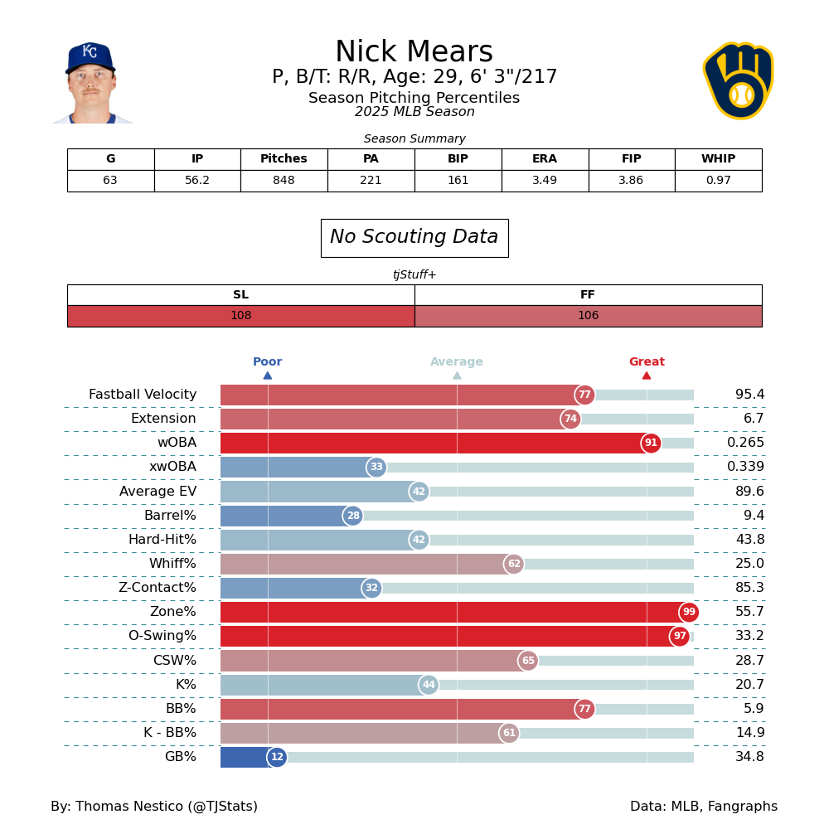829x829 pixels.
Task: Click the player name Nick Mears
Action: [414, 53]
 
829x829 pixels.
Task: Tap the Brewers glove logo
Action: [738, 81]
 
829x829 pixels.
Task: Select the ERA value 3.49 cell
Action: [545, 181]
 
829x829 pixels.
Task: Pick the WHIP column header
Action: [718, 159]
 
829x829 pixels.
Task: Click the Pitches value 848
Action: [284, 181]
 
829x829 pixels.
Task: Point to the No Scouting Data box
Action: [414, 238]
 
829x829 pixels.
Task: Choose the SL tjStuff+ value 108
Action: [240, 316]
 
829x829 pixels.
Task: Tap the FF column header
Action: [588, 295]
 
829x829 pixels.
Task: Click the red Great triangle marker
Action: [647, 376]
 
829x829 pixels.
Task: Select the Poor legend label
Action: [267, 362]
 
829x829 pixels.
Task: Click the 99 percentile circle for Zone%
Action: [689, 613]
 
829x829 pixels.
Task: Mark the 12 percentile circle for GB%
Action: [277, 758]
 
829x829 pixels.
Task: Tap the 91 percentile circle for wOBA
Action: [651, 444]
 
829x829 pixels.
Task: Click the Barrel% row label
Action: [170, 516]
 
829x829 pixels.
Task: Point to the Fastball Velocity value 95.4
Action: [749, 395]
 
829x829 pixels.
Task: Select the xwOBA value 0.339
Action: [745, 468]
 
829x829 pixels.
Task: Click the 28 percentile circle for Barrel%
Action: [353, 516]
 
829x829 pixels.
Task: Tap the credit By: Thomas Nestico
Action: [154, 807]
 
